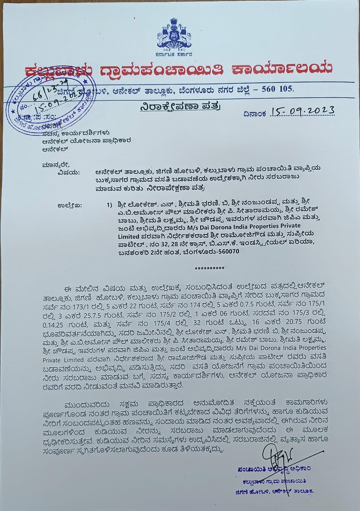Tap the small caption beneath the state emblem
pyautogui.click(x=173, y=54)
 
